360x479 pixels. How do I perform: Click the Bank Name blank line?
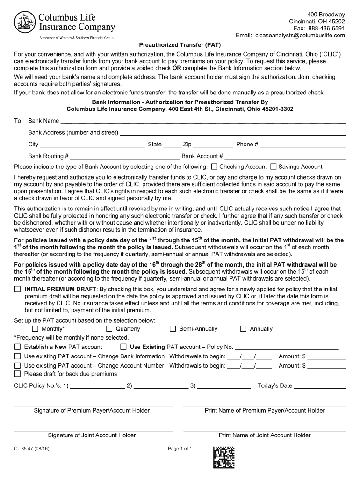coord(203,121)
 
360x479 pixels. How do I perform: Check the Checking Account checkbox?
coord(215,167)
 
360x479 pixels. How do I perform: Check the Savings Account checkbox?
coord(274,167)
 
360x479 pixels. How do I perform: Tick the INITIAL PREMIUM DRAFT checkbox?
coord(18,289)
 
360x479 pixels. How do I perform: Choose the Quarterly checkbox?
coord(109,329)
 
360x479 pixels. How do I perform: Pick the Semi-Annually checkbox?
coord(173,329)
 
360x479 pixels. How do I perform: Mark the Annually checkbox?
coord(243,329)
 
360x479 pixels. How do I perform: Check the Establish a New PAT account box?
coord(18,347)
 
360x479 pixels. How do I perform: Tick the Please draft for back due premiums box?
coord(18,374)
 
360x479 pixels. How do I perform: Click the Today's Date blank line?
coord(320,386)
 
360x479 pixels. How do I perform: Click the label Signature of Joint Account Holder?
coord(92,435)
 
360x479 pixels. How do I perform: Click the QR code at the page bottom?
coord(224,457)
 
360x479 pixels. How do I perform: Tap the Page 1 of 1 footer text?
coord(180,449)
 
